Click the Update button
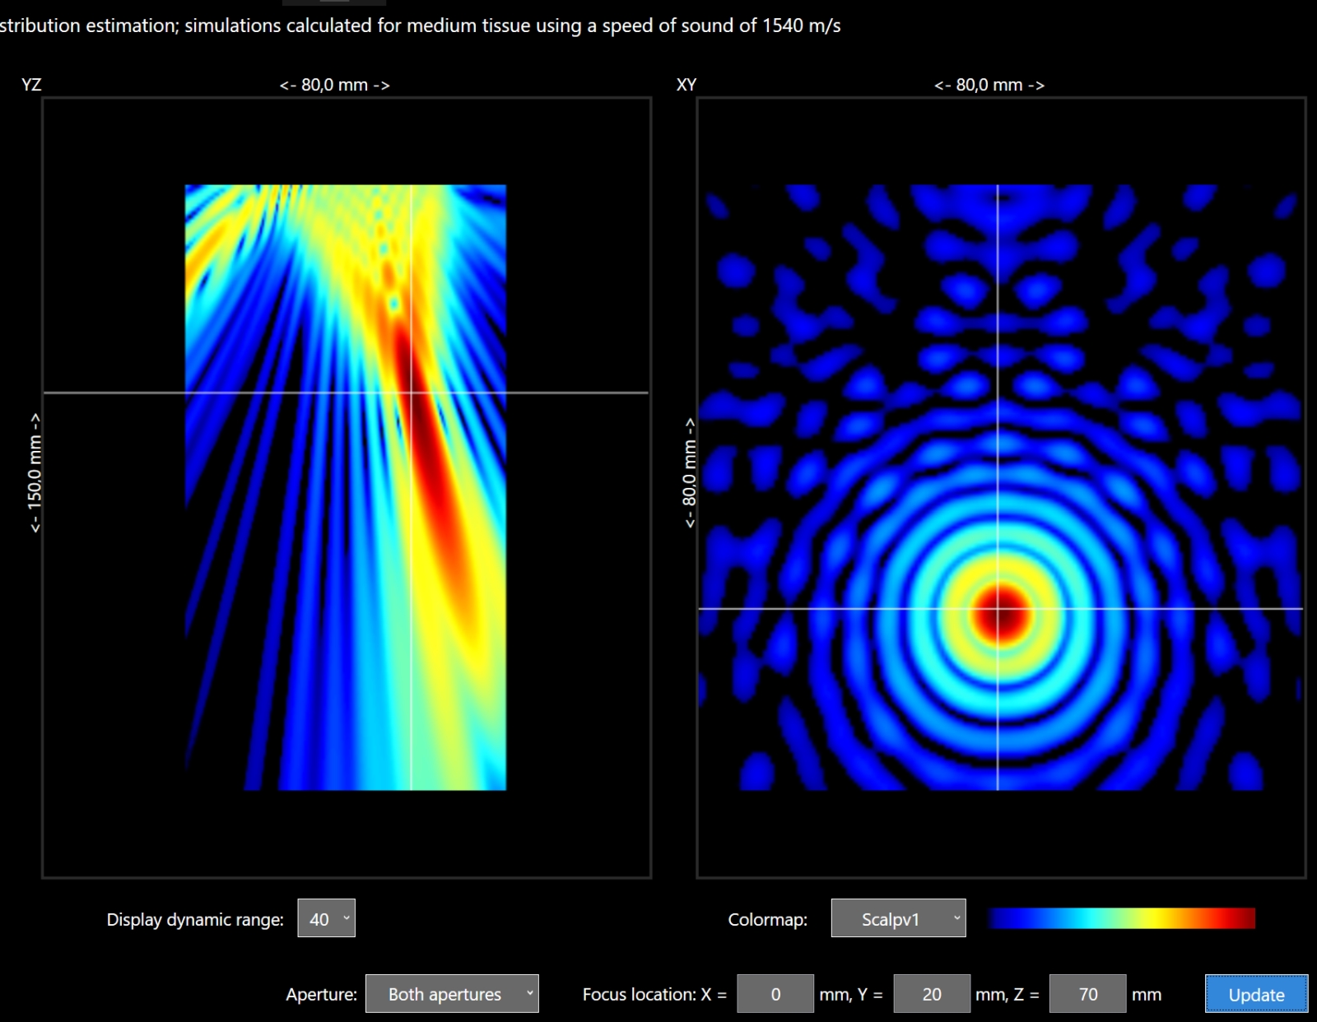[1256, 994]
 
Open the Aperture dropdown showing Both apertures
[452, 994]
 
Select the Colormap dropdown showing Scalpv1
[898, 919]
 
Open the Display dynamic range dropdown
[326, 919]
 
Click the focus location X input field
[775, 994]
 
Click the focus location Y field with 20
[931, 994]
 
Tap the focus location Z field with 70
[1087, 994]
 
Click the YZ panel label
[31, 85]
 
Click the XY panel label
[686, 85]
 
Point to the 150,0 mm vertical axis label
[35, 473]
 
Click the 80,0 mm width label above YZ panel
[334, 85]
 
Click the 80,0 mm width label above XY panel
[989, 85]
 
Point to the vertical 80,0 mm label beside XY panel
[689, 473]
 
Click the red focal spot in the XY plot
[999, 613]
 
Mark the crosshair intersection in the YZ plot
[412, 393]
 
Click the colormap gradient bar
[1121, 918]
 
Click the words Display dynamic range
[194, 920]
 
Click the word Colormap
[767, 920]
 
